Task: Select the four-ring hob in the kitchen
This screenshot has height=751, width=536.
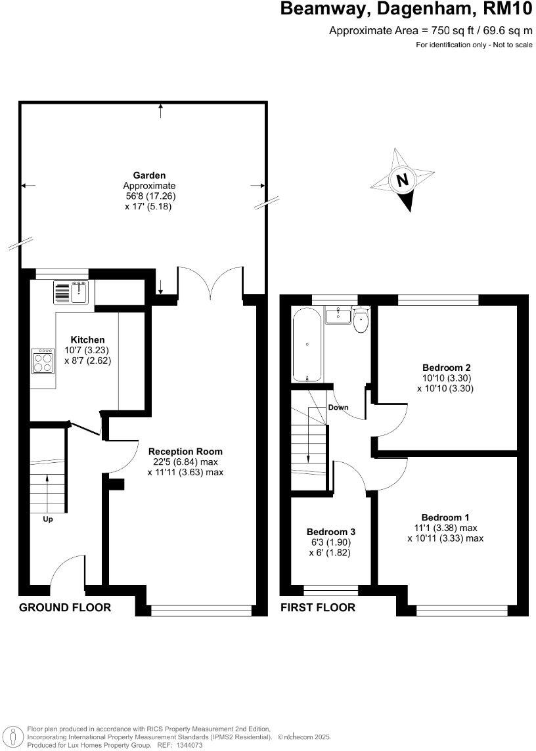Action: click(x=43, y=360)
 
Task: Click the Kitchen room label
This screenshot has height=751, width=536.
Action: click(x=87, y=339)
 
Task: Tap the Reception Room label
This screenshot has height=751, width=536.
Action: click(x=185, y=451)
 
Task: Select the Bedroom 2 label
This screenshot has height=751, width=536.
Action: click(x=446, y=368)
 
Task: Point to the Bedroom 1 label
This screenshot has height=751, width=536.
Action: click(x=445, y=517)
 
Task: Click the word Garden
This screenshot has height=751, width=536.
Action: click(x=150, y=175)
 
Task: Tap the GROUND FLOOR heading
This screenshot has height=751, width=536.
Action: click(x=65, y=607)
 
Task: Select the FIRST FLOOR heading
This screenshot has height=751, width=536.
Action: click(x=318, y=607)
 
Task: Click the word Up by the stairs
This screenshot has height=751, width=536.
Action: click(x=47, y=519)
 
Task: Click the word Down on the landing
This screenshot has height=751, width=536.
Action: click(x=338, y=407)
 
